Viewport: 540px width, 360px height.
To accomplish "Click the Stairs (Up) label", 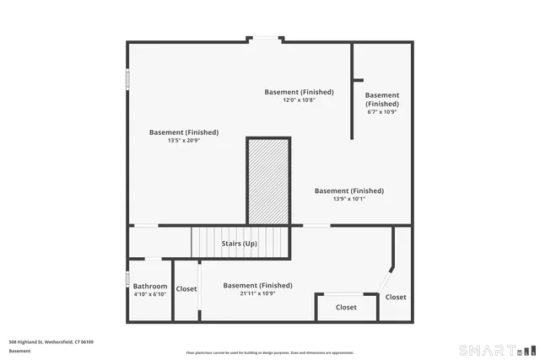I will [239, 244].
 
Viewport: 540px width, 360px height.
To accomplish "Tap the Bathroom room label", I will [150, 286].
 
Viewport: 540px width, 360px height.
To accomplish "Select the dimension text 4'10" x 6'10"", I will [150, 294].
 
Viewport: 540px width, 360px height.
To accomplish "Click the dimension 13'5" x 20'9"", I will [183, 140].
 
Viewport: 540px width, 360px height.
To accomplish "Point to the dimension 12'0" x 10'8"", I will [299, 100].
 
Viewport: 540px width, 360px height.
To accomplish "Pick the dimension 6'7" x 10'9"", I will [382, 111].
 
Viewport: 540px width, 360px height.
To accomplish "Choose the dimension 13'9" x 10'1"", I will [348, 199].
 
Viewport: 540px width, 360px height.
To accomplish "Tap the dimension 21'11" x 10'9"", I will [257, 293].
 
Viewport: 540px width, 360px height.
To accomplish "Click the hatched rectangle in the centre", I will [268, 181].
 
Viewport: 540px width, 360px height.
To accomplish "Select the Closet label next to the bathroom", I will [186, 289].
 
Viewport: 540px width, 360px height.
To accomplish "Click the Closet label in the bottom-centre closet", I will [346, 307].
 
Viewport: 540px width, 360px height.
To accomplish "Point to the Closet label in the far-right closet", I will [396, 297].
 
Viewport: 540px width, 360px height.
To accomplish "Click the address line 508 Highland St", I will [51, 341].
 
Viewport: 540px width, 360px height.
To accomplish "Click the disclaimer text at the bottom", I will [270, 352].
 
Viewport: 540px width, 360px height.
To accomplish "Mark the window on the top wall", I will [266, 38].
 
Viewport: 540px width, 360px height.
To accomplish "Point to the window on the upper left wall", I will [127, 78].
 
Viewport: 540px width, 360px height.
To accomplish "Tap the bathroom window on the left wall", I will [127, 280].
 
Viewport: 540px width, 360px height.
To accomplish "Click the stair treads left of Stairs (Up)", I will [204, 243].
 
